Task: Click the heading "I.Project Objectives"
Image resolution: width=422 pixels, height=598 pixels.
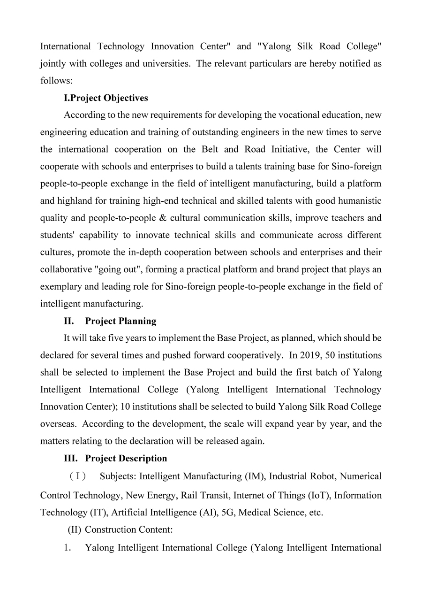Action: coord(105,98)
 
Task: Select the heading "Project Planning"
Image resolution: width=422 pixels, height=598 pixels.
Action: coord(121,321)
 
